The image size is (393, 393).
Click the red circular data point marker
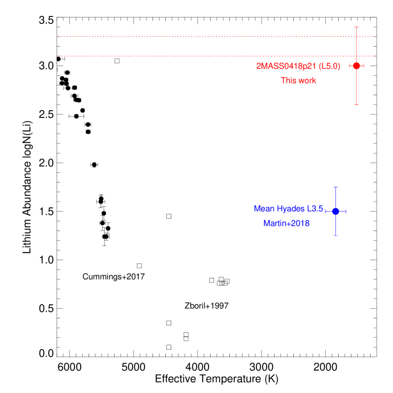click(356, 66)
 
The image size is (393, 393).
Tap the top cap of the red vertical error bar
click(356, 27)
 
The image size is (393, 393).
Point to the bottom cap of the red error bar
click(356, 105)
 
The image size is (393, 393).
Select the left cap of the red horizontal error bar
click(350, 66)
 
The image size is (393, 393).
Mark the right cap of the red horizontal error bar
click(364, 66)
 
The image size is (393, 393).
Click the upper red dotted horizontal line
click(199, 37)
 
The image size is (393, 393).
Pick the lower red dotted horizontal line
click(199, 56)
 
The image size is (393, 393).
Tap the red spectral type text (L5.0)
click(330, 66)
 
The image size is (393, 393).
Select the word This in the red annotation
click(288, 81)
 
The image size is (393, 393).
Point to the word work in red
click(307, 81)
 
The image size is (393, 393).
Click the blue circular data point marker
click(336, 211)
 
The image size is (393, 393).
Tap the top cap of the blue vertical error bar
click(336, 188)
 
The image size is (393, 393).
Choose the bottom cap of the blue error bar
click(336, 235)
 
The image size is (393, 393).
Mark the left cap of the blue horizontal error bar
click(326, 211)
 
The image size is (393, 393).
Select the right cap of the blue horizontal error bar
click(346, 211)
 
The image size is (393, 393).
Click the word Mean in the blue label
click(263, 209)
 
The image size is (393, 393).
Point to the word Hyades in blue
click(290, 209)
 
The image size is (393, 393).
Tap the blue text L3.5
click(315, 209)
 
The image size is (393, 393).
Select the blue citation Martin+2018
click(286, 224)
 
